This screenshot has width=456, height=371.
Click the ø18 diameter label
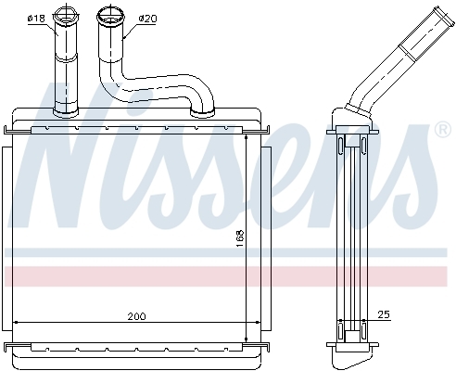(x=36, y=19)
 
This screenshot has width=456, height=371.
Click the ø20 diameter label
(x=147, y=19)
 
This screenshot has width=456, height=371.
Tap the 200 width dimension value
(x=136, y=316)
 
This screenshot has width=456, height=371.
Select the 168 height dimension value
(x=240, y=237)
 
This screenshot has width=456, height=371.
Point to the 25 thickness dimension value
(x=384, y=314)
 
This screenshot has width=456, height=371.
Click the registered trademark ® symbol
(x=444, y=131)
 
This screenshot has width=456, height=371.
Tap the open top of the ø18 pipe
(x=65, y=16)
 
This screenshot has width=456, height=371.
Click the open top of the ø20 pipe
(x=110, y=16)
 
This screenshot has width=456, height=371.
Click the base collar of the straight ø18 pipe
(x=66, y=112)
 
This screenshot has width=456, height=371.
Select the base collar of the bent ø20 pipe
(x=202, y=113)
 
